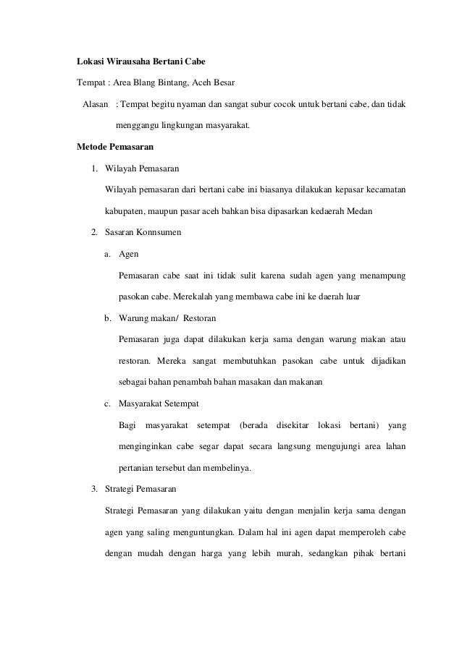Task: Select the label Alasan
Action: pos(96,106)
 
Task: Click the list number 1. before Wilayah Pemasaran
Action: pos(94,170)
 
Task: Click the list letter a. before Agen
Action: pos(108,254)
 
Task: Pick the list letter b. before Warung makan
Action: pos(108,317)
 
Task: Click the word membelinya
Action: pos(226,466)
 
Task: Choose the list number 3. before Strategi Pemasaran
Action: pos(94,488)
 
